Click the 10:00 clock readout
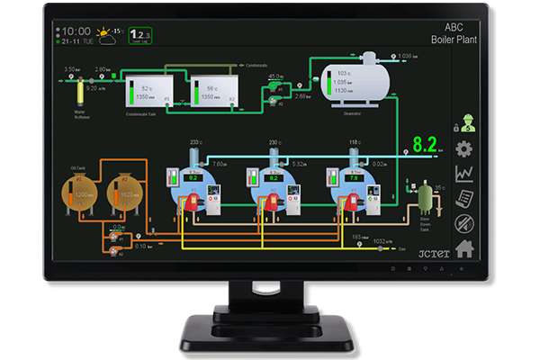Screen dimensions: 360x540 76,31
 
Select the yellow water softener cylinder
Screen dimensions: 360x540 79,93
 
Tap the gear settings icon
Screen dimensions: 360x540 464,149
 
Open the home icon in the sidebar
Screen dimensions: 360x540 464,247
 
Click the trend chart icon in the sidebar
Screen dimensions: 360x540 464,174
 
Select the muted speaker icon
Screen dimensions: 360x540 464,222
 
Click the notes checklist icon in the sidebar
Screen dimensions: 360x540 464,199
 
